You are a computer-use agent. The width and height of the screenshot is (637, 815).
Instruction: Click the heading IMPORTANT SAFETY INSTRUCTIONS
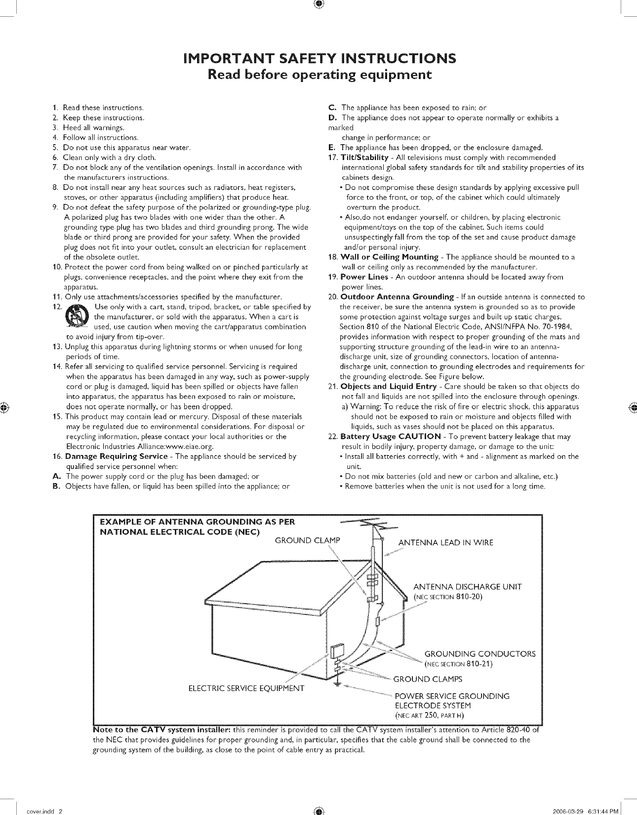(x=318, y=59)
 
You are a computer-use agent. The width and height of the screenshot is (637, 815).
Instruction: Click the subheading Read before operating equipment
(x=318, y=75)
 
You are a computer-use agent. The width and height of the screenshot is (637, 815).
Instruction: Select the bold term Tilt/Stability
(x=364, y=158)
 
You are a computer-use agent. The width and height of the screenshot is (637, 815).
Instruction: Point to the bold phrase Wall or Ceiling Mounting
(x=389, y=257)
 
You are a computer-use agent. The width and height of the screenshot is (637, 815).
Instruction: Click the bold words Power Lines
(x=364, y=277)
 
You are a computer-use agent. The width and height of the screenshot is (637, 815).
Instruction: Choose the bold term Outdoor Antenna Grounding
(x=397, y=297)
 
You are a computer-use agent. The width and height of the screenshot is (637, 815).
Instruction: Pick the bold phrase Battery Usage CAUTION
(x=391, y=437)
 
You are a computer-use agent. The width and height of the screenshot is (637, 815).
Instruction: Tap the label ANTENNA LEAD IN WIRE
(x=445, y=543)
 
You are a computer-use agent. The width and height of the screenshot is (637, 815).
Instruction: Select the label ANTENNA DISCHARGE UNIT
(x=467, y=587)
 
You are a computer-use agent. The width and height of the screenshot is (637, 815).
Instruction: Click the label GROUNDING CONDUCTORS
(x=479, y=654)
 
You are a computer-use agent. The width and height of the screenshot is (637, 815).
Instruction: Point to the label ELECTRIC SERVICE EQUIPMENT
(x=246, y=689)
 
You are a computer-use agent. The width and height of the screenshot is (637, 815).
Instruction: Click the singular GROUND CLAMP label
(x=307, y=540)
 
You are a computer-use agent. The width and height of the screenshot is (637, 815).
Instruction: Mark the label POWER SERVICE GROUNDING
(x=452, y=696)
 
